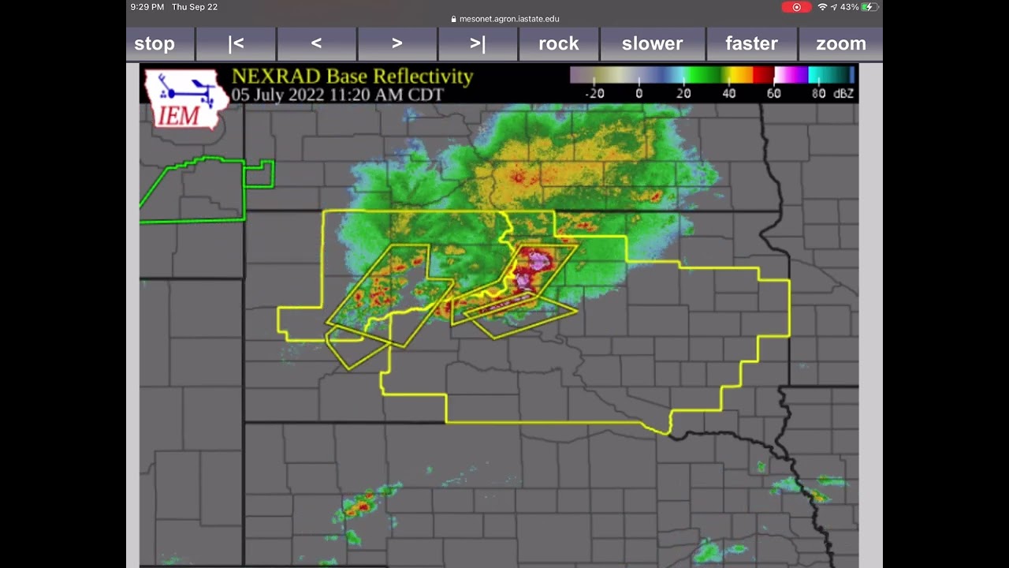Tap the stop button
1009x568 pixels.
point(155,44)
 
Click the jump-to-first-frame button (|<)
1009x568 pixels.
point(236,44)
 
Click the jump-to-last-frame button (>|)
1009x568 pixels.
point(478,44)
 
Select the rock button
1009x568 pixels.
point(558,44)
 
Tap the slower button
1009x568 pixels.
point(652,44)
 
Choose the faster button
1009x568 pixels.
point(751,44)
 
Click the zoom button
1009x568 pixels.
point(840,44)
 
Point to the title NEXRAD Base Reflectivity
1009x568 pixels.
point(352,77)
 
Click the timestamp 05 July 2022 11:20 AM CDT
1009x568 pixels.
point(337,95)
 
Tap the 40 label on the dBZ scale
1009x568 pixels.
point(729,93)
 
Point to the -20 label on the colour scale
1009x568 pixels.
point(594,93)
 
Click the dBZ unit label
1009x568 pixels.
point(844,93)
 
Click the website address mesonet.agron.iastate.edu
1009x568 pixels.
point(509,19)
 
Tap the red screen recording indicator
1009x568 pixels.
point(796,7)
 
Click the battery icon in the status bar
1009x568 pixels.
point(869,7)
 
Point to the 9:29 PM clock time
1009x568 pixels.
point(147,7)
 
